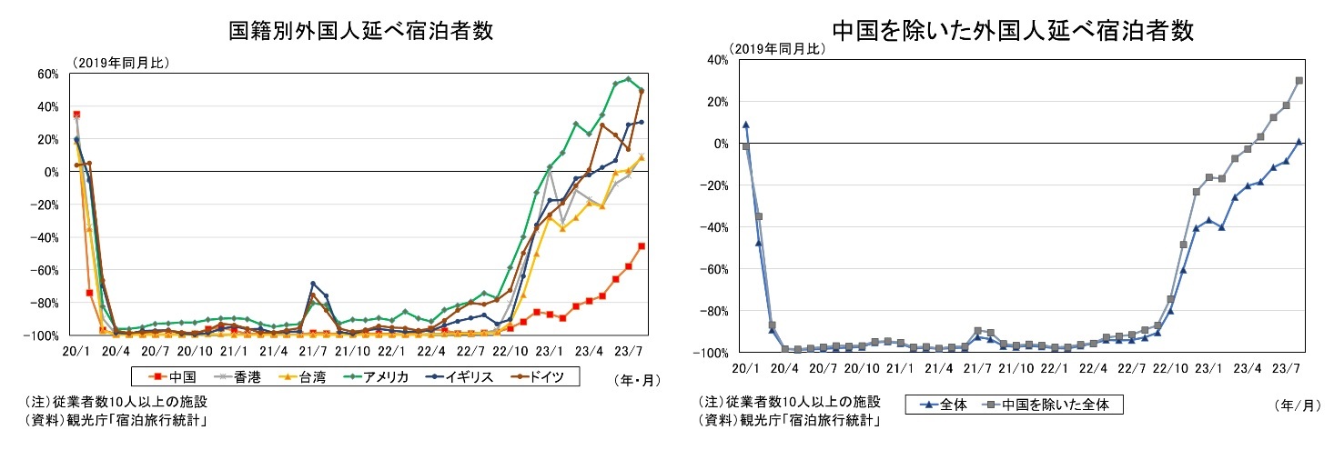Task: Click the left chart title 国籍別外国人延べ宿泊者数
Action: pyautogui.click(x=360, y=31)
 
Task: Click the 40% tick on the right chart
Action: pyautogui.click(x=715, y=60)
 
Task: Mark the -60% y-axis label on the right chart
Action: pyautogui.click(x=712, y=269)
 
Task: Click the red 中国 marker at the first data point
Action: pyautogui.click(x=76, y=115)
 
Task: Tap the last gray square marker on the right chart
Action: pyautogui.click(x=1299, y=80)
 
